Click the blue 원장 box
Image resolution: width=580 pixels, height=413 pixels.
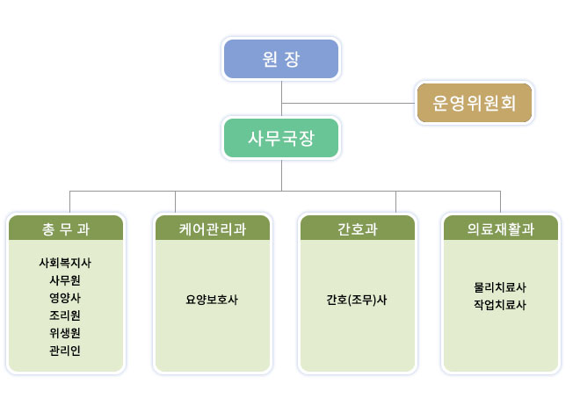(281, 59)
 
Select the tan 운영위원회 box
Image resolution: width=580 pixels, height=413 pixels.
(475, 103)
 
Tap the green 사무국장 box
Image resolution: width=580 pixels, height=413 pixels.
(281, 138)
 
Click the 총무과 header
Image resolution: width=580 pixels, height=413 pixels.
(66, 228)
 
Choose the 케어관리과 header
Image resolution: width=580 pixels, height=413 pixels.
(213, 228)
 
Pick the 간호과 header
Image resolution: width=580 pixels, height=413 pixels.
(358, 228)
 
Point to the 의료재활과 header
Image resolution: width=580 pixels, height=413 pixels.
(501, 228)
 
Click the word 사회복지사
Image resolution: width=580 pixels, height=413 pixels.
(65, 263)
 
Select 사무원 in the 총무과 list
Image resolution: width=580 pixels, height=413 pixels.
(65, 280)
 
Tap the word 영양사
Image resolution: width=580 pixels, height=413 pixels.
(65, 298)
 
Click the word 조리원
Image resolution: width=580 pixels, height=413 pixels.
(65, 315)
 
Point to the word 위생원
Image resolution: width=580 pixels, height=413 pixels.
(65, 333)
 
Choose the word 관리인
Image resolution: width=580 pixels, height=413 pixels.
(65, 350)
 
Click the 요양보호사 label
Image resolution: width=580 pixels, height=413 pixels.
(212, 300)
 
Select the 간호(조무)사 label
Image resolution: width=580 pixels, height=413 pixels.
(357, 300)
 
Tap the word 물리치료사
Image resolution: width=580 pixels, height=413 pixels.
(500, 287)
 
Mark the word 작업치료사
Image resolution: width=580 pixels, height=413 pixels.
(500, 305)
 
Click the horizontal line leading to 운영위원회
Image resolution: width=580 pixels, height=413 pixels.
(348, 103)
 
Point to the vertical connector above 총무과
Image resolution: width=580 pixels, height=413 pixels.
(70, 202)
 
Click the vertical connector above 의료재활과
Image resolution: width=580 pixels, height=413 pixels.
(501, 202)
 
